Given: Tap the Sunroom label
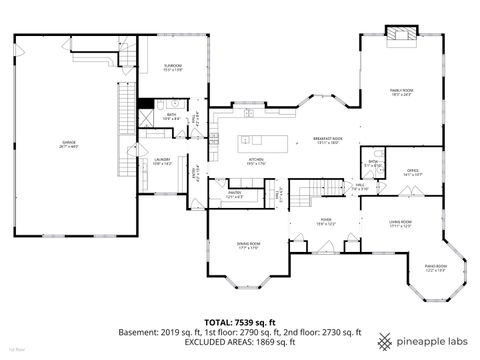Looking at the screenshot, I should pos(172,67).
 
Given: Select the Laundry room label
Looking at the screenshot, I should pos(163,160).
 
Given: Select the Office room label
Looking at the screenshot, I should pos(411,172).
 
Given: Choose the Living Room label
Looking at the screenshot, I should pos(401,224).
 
